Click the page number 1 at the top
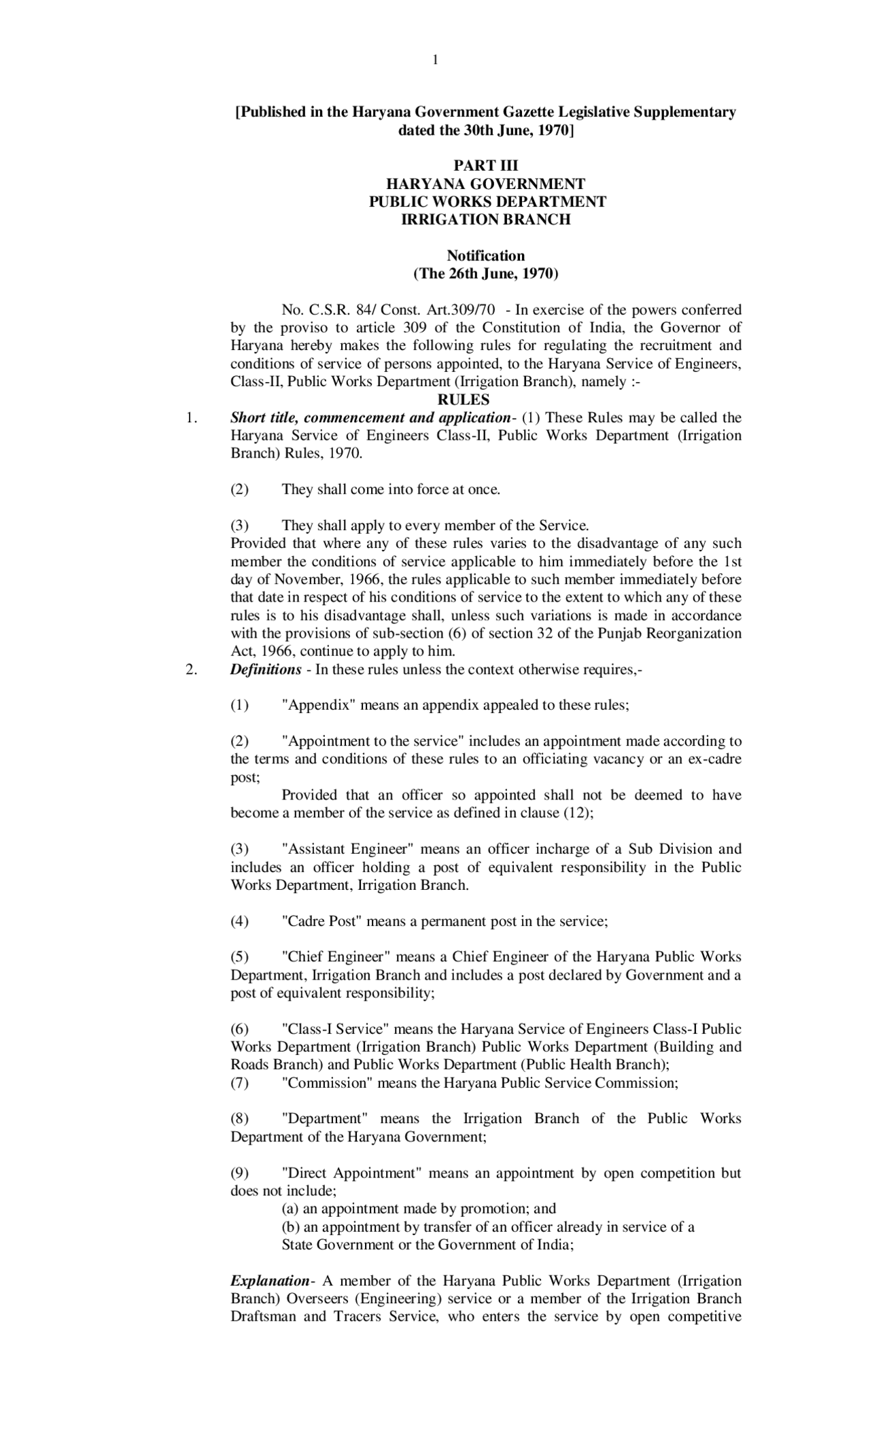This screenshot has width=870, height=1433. click(x=435, y=61)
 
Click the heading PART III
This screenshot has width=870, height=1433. click(x=485, y=166)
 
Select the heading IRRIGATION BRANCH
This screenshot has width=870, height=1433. click(x=485, y=220)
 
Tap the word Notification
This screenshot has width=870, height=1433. click(x=485, y=256)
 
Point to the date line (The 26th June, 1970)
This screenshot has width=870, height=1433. click(x=485, y=274)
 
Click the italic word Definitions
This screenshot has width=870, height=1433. click(x=265, y=670)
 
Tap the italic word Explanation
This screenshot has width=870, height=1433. click(x=269, y=1281)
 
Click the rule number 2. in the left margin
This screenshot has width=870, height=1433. click(x=191, y=670)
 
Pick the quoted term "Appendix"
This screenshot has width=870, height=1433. click(x=319, y=705)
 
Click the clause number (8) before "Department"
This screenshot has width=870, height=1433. click(x=239, y=1119)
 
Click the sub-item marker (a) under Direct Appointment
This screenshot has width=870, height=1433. click(x=290, y=1209)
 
